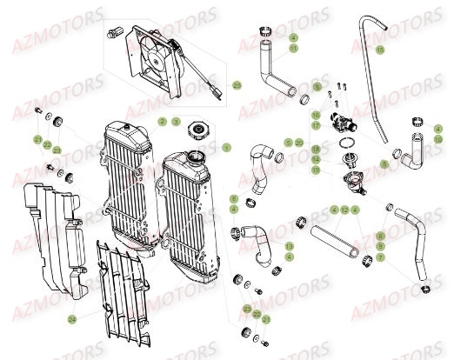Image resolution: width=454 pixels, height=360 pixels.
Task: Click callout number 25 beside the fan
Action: click(x=237, y=85)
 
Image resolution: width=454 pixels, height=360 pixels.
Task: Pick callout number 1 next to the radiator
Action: click(x=226, y=147)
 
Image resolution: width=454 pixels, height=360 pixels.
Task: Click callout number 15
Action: click(x=379, y=50)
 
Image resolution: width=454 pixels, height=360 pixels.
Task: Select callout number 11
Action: click(x=294, y=50)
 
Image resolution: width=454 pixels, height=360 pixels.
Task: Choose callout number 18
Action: click(x=315, y=150)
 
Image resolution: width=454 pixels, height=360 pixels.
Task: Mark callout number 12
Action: click(x=345, y=210)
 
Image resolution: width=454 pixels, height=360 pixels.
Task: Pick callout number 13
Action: click(x=289, y=247)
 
